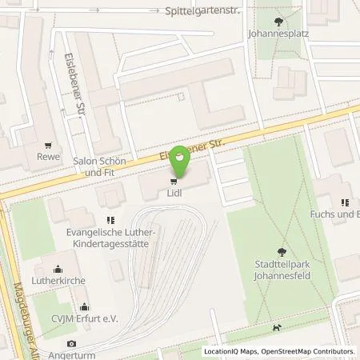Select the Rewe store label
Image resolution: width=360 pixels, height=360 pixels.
[x=52, y=157]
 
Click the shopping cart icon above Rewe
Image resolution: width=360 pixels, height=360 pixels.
[x=52, y=146]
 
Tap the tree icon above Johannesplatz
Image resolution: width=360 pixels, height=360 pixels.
[x=278, y=22]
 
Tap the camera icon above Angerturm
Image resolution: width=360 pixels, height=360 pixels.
[x=73, y=343]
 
